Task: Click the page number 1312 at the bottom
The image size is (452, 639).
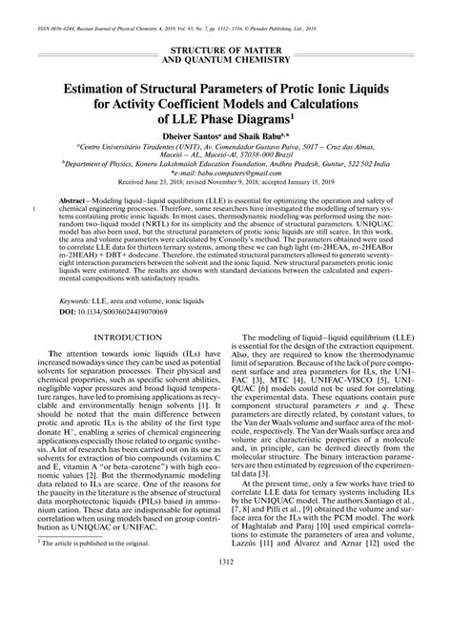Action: (225, 613)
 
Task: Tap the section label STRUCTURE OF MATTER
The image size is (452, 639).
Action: (225, 48)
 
